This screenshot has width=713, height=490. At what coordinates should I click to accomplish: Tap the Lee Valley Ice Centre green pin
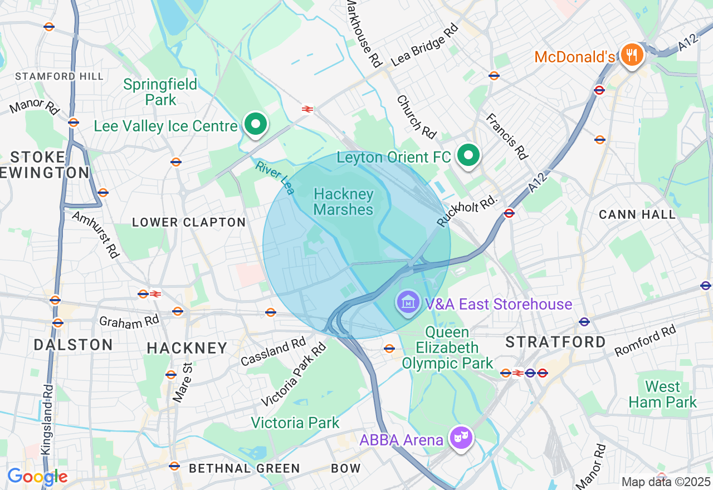click(256, 125)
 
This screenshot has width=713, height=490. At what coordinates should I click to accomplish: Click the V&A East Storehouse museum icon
click(408, 302)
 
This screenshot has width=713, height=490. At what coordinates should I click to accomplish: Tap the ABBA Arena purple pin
click(461, 438)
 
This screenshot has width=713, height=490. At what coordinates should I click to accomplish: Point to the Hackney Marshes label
click(343, 202)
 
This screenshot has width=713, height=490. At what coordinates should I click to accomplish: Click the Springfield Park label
click(160, 92)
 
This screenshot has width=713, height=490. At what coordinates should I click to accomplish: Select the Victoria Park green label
click(295, 423)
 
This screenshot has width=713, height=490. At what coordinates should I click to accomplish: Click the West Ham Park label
click(662, 394)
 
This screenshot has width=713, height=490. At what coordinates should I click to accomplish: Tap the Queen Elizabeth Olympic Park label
click(447, 348)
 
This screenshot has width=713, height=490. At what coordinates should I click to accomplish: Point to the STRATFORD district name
click(555, 342)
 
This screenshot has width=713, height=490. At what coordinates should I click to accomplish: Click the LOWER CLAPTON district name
click(189, 222)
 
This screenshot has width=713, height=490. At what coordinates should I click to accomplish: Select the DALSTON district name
click(73, 345)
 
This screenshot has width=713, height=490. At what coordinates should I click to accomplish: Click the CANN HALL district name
click(637, 214)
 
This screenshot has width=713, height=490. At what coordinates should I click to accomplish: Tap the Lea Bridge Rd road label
click(424, 45)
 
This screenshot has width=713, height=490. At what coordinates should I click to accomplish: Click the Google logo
click(37, 477)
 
